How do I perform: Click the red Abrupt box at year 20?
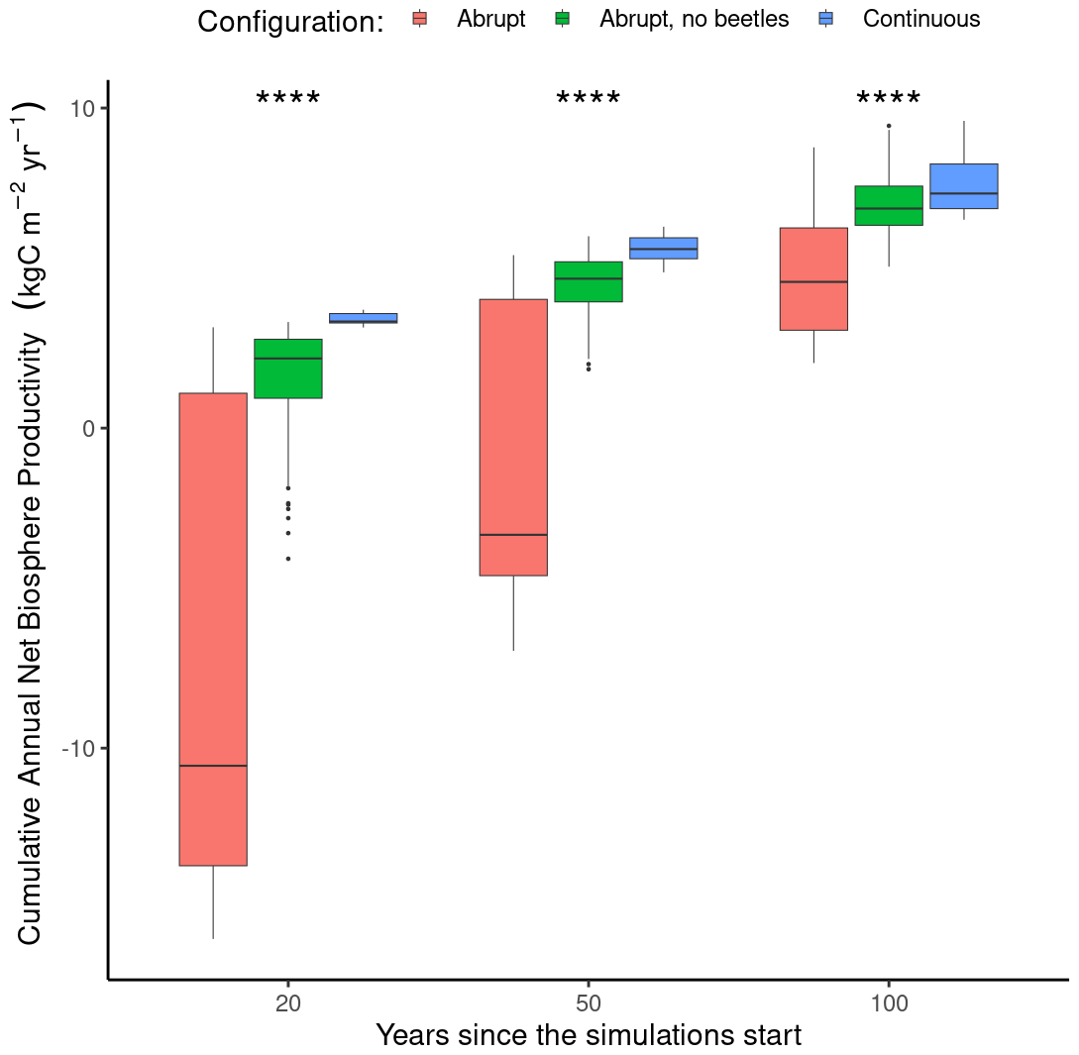213,629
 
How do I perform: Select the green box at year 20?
288,369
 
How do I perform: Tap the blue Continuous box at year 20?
364,318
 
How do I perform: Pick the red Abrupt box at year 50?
513,437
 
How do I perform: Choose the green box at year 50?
589,281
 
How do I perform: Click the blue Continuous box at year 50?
664,248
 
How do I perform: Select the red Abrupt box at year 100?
813,278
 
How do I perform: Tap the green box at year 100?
889,205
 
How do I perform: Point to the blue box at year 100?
963,186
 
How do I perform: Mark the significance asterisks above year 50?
589,100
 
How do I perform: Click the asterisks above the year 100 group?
889,100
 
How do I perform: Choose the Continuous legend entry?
921,19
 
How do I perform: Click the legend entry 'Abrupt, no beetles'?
694,19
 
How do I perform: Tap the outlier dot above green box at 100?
889,126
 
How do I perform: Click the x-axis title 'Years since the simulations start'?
589,1036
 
